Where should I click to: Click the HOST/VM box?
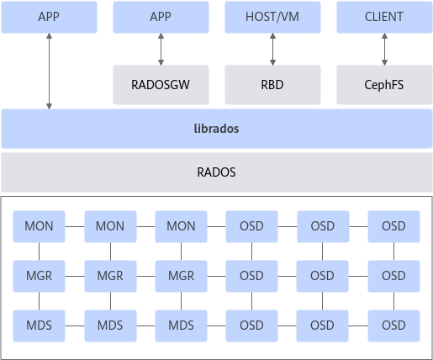pos(272,17)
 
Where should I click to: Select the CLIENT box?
pos(384,17)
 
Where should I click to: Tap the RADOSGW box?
pos(161,85)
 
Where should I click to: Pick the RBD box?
pos(272,85)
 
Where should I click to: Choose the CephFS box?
pos(384,85)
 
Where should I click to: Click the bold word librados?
pos(216,129)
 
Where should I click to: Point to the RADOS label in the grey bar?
pos(216,172)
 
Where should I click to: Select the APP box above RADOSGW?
pos(161,17)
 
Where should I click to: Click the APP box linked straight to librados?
pos(49,17)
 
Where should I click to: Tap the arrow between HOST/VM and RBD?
pos(272,50)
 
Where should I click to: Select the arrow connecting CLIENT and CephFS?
pos(384,50)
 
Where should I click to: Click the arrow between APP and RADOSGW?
pos(161,50)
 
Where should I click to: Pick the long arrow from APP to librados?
pos(49,71)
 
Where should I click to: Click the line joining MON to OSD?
pos(216,226)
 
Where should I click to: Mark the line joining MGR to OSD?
pos(216,276)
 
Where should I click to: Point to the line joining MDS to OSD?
pos(216,326)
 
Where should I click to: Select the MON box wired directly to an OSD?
pos(181,226)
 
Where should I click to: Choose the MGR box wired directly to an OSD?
pos(181,276)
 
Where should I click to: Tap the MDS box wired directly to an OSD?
pos(181,326)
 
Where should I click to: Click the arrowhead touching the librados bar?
pos(49,107)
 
